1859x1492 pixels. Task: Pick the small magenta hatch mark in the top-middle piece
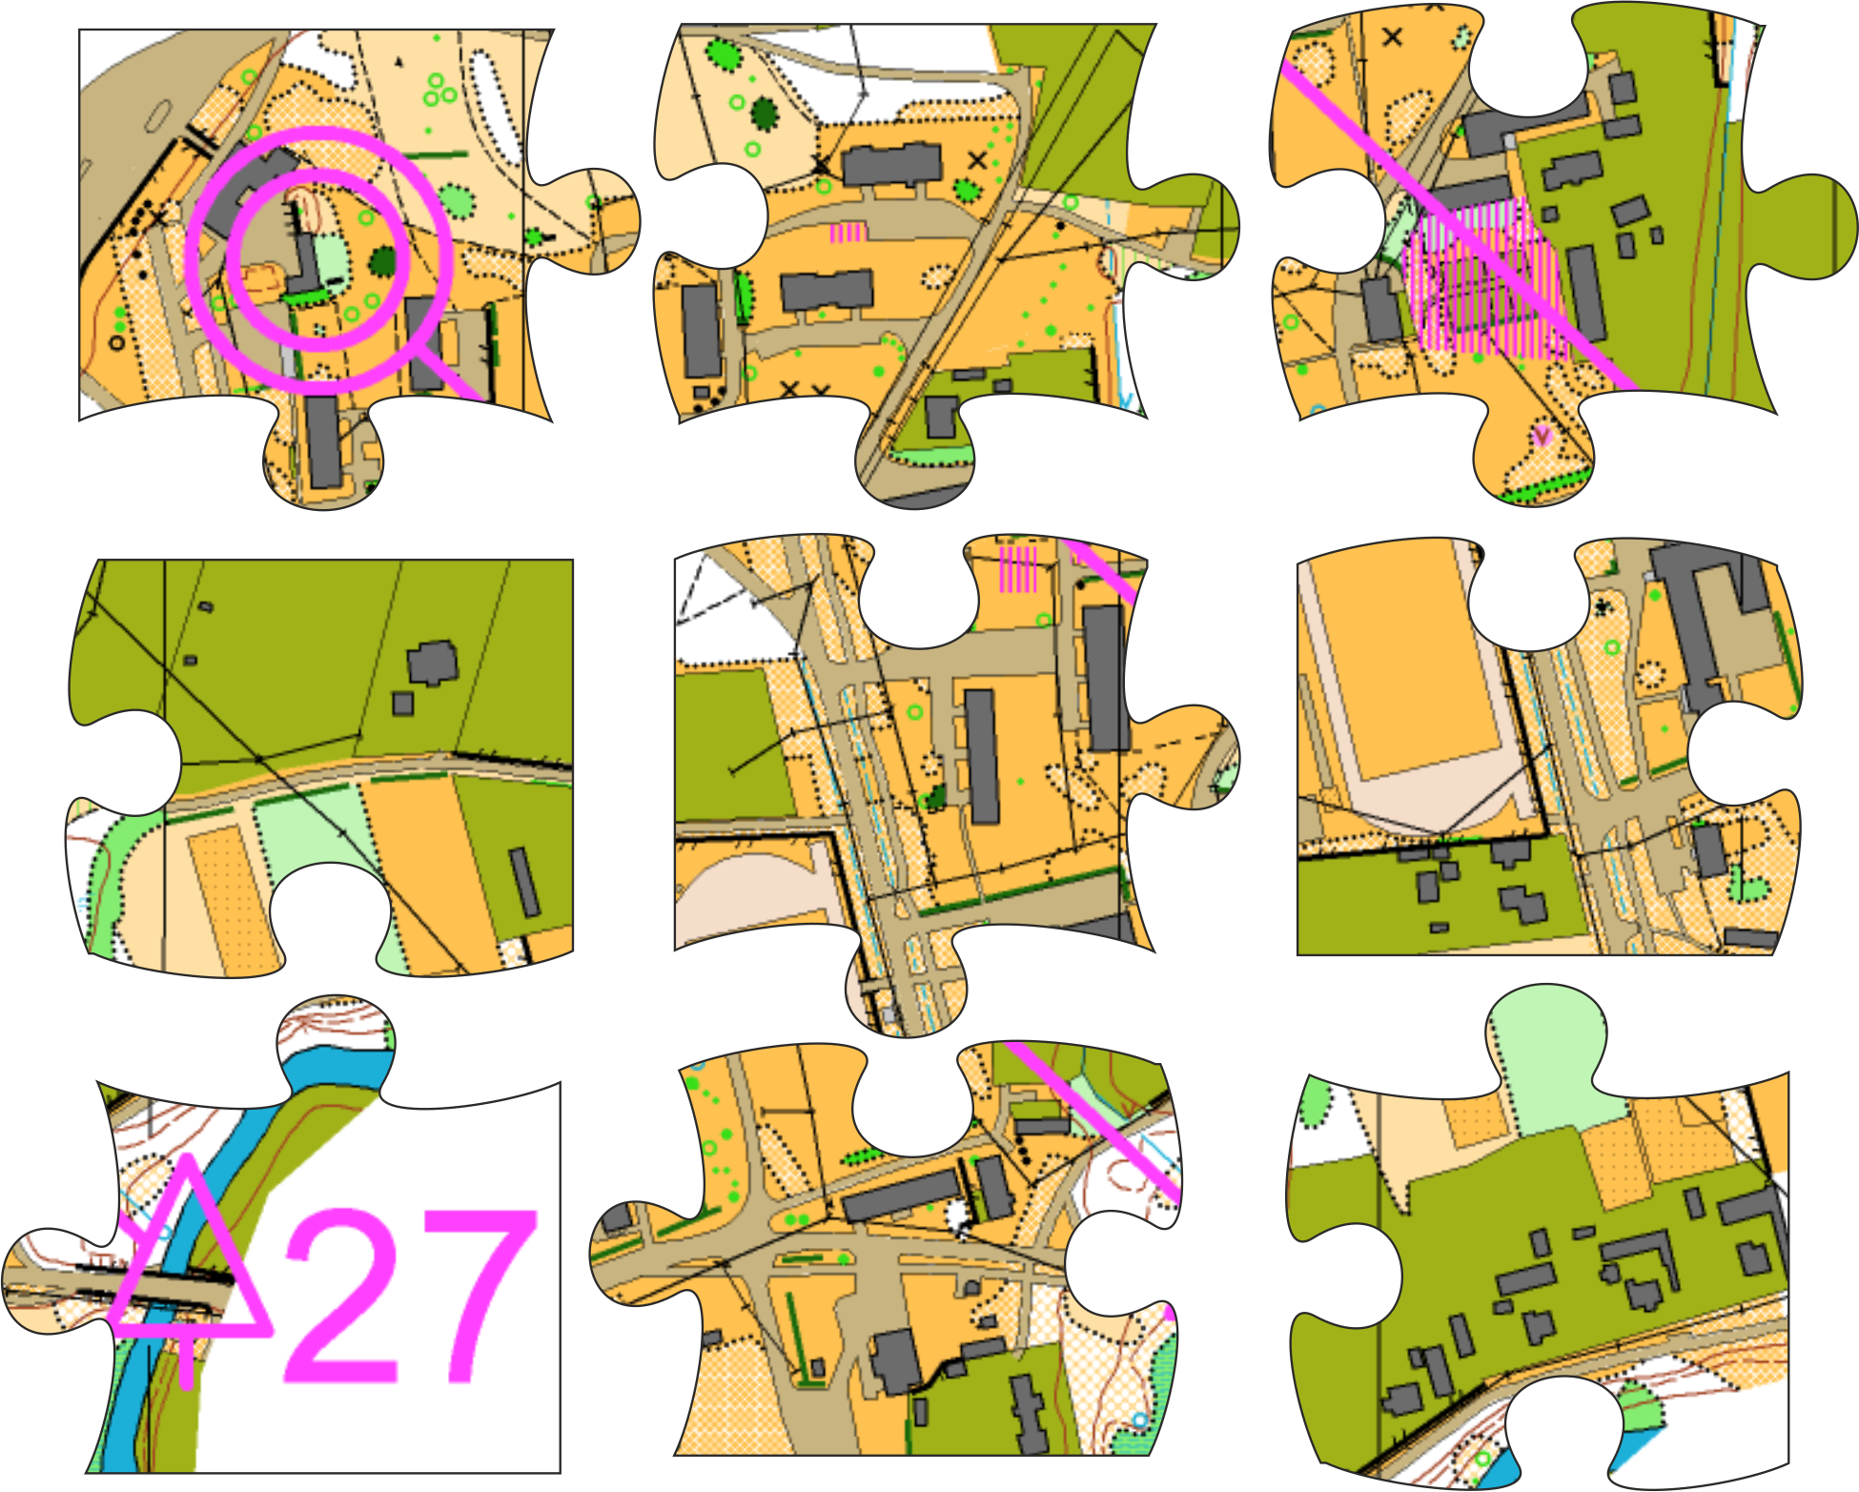click(x=848, y=233)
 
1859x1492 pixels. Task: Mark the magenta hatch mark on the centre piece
click(x=1017, y=568)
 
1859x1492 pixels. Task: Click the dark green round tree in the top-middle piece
click(x=765, y=114)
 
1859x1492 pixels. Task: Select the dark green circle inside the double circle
click(x=383, y=260)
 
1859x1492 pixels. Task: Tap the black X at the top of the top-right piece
click(x=1393, y=37)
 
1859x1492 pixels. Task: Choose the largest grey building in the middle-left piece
click(x=432, y=663)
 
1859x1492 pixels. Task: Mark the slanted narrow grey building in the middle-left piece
click(x=524, y=882)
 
